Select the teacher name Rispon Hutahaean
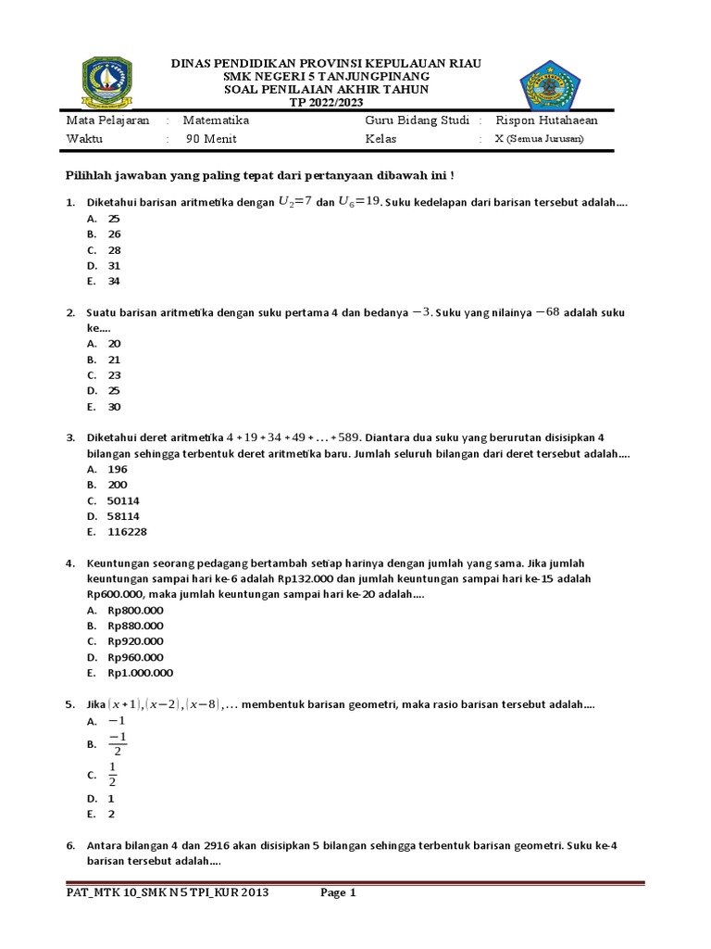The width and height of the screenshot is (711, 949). tap(546, 120)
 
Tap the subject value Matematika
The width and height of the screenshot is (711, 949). tap(216, 120)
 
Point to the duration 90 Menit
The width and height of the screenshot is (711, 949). tap(211, 140)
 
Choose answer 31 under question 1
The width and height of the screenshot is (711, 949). tap(115, 265)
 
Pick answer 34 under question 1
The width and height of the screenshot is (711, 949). tap(115, 281)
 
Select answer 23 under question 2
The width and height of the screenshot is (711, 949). tap(115, 375)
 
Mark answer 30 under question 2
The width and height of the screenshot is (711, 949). tap(115, 407)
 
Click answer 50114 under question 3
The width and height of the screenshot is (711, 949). tap(123, 500)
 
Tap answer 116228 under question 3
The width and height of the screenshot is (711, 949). tap(127, 532)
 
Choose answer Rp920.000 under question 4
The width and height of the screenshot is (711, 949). tap(135, 641)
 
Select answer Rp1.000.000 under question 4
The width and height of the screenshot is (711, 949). tap(140, 673)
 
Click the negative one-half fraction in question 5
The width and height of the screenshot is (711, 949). tap(117, 743)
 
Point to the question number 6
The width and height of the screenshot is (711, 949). tap(70, 846)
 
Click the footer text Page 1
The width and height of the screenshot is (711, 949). tap(338, 893)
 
